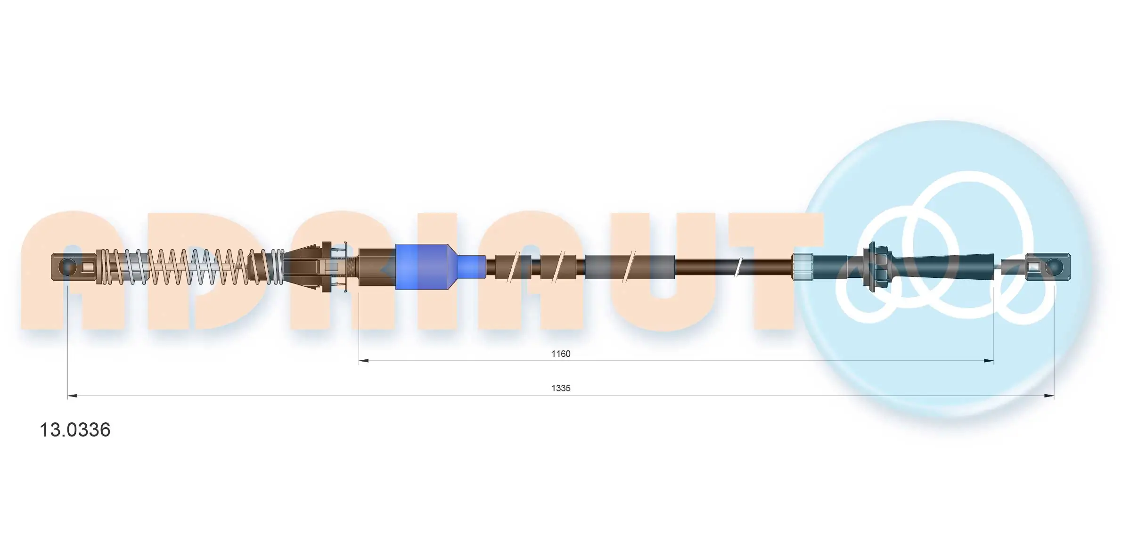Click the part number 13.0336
(x=75, y=430)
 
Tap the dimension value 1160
(x=561, y=354)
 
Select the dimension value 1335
(x=561, y=388)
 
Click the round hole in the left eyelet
(x=68, y=267)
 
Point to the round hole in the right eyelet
(x=1054, y=267)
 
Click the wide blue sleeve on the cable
(x=422, y=267)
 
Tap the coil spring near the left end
(x=188, y=267)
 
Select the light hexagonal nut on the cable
(x=802, y=267)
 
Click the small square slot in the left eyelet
(x=89, y=267)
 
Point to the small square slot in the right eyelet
(x=1033, y=267)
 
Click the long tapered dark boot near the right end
(x=938, y=267)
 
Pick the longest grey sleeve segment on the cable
(x=630, y=267)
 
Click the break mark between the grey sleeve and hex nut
(x=739, y=267)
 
